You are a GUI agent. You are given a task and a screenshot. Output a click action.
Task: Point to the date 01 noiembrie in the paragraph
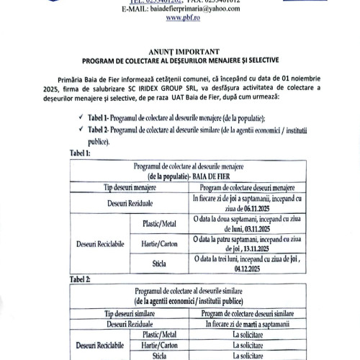(x=302, y=78)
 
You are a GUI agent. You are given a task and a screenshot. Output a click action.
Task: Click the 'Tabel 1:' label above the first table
(x=79, y=153)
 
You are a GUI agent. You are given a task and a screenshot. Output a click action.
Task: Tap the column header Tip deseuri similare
(x=129, y=313)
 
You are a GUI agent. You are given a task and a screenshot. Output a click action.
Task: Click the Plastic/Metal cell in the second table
(x=159, y=334)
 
